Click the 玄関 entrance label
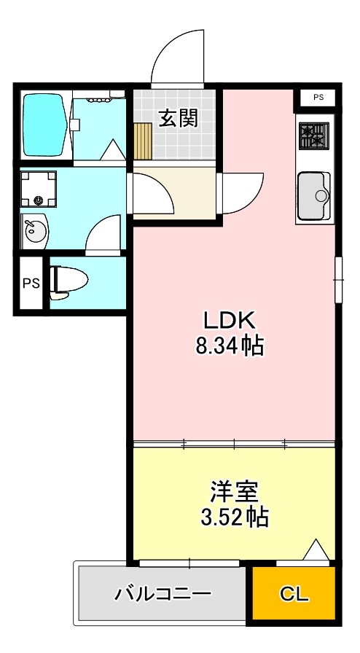179,118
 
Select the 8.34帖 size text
229,346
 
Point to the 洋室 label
235,490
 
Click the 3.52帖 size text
235,517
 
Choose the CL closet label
295,593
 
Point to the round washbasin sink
34,232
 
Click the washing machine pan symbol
38,189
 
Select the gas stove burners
314,136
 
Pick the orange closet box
294,593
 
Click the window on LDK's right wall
337,278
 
